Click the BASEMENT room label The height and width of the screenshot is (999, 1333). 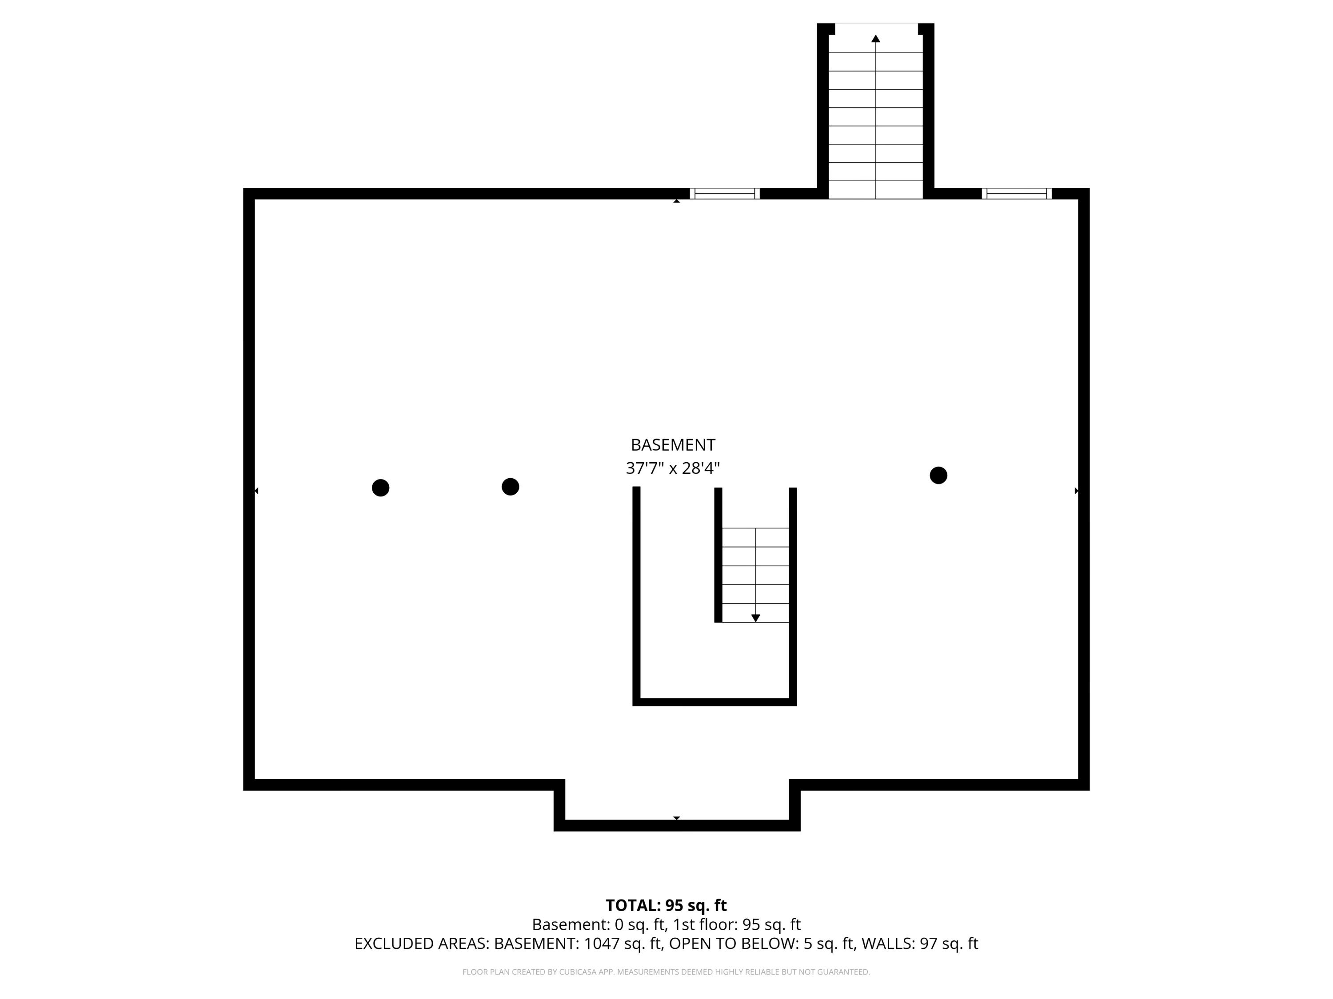673,445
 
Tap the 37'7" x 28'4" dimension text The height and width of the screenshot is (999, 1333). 673,468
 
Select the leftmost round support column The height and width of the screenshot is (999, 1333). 380,488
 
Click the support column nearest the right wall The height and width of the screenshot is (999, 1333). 938,475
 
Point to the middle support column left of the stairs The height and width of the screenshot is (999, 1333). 511,487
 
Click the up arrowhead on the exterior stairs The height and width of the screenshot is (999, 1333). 876,39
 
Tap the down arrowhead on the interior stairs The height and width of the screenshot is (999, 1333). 756,618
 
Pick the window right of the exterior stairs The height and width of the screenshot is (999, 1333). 1017,193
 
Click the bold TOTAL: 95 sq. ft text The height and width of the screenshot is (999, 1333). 666,906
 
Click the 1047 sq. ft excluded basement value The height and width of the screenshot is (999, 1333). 623,943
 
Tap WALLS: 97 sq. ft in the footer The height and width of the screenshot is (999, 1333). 920,943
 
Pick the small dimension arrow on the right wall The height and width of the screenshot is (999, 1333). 1076,491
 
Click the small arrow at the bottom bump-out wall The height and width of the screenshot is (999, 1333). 677,818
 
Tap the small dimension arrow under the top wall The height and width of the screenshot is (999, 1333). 677,201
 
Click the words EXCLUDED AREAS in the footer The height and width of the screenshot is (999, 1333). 421,943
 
